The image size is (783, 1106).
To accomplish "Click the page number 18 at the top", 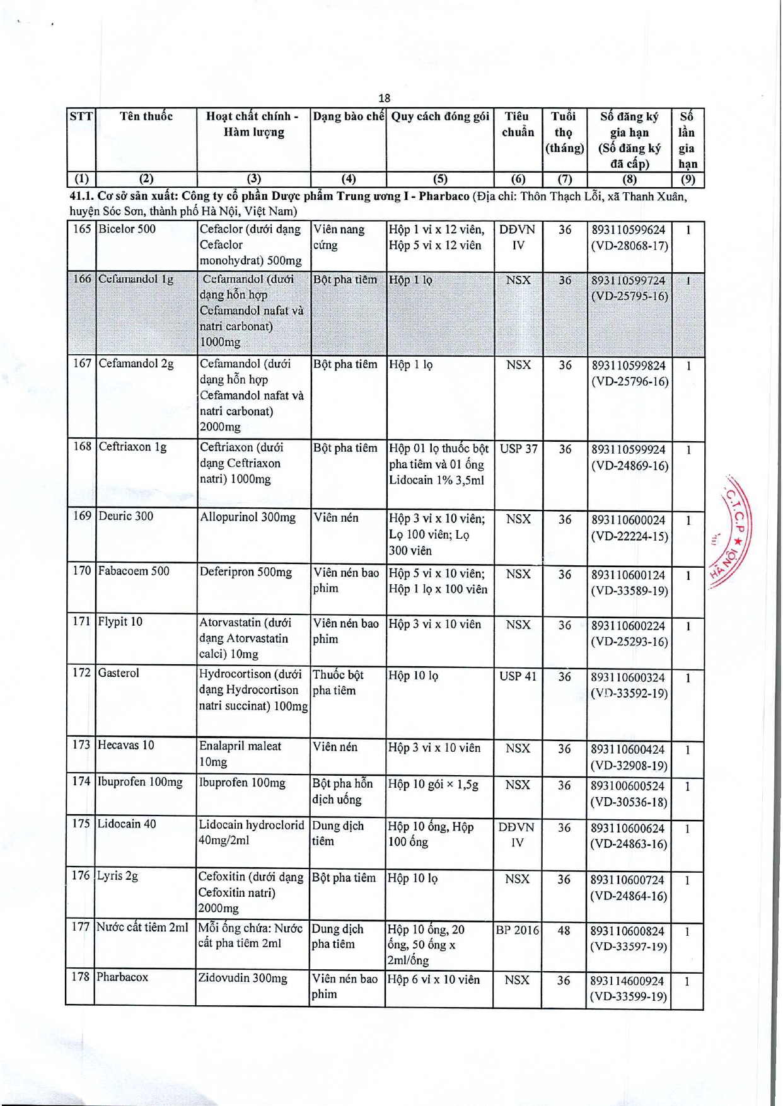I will tap(384, 98).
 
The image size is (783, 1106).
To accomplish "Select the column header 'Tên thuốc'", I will tap(146, 117).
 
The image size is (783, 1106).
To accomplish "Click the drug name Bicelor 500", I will tap(127, 229).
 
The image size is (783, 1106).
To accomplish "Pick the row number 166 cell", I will tap(82, 279).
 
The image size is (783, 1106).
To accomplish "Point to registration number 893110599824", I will tap(628, 366).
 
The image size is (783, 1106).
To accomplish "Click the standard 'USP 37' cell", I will tap(518, 449).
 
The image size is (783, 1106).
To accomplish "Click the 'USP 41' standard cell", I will tap(518, 676).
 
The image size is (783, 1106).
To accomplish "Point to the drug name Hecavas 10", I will tap(125, 746).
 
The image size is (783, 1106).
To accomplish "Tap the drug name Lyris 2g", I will tap(117, 876).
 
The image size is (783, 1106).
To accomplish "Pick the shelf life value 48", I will tap(564, 930).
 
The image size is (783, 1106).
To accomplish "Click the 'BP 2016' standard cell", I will tap(518, 930).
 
